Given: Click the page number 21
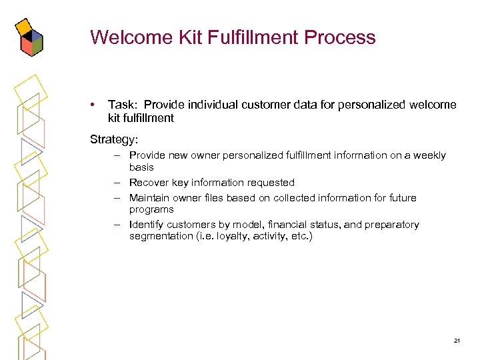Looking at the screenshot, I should coord(457,341).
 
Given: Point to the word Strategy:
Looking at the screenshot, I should coord(115,140).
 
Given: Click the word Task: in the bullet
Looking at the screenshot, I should coord(123,105).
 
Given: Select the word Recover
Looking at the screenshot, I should coord(149,183).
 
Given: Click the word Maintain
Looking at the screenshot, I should coord(150,198).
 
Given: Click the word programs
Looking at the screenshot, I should coord(151,209).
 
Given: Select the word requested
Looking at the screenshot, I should coord(271,183).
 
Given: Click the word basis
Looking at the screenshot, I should coord(141,167).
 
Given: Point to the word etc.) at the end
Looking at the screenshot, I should coord(299,237).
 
